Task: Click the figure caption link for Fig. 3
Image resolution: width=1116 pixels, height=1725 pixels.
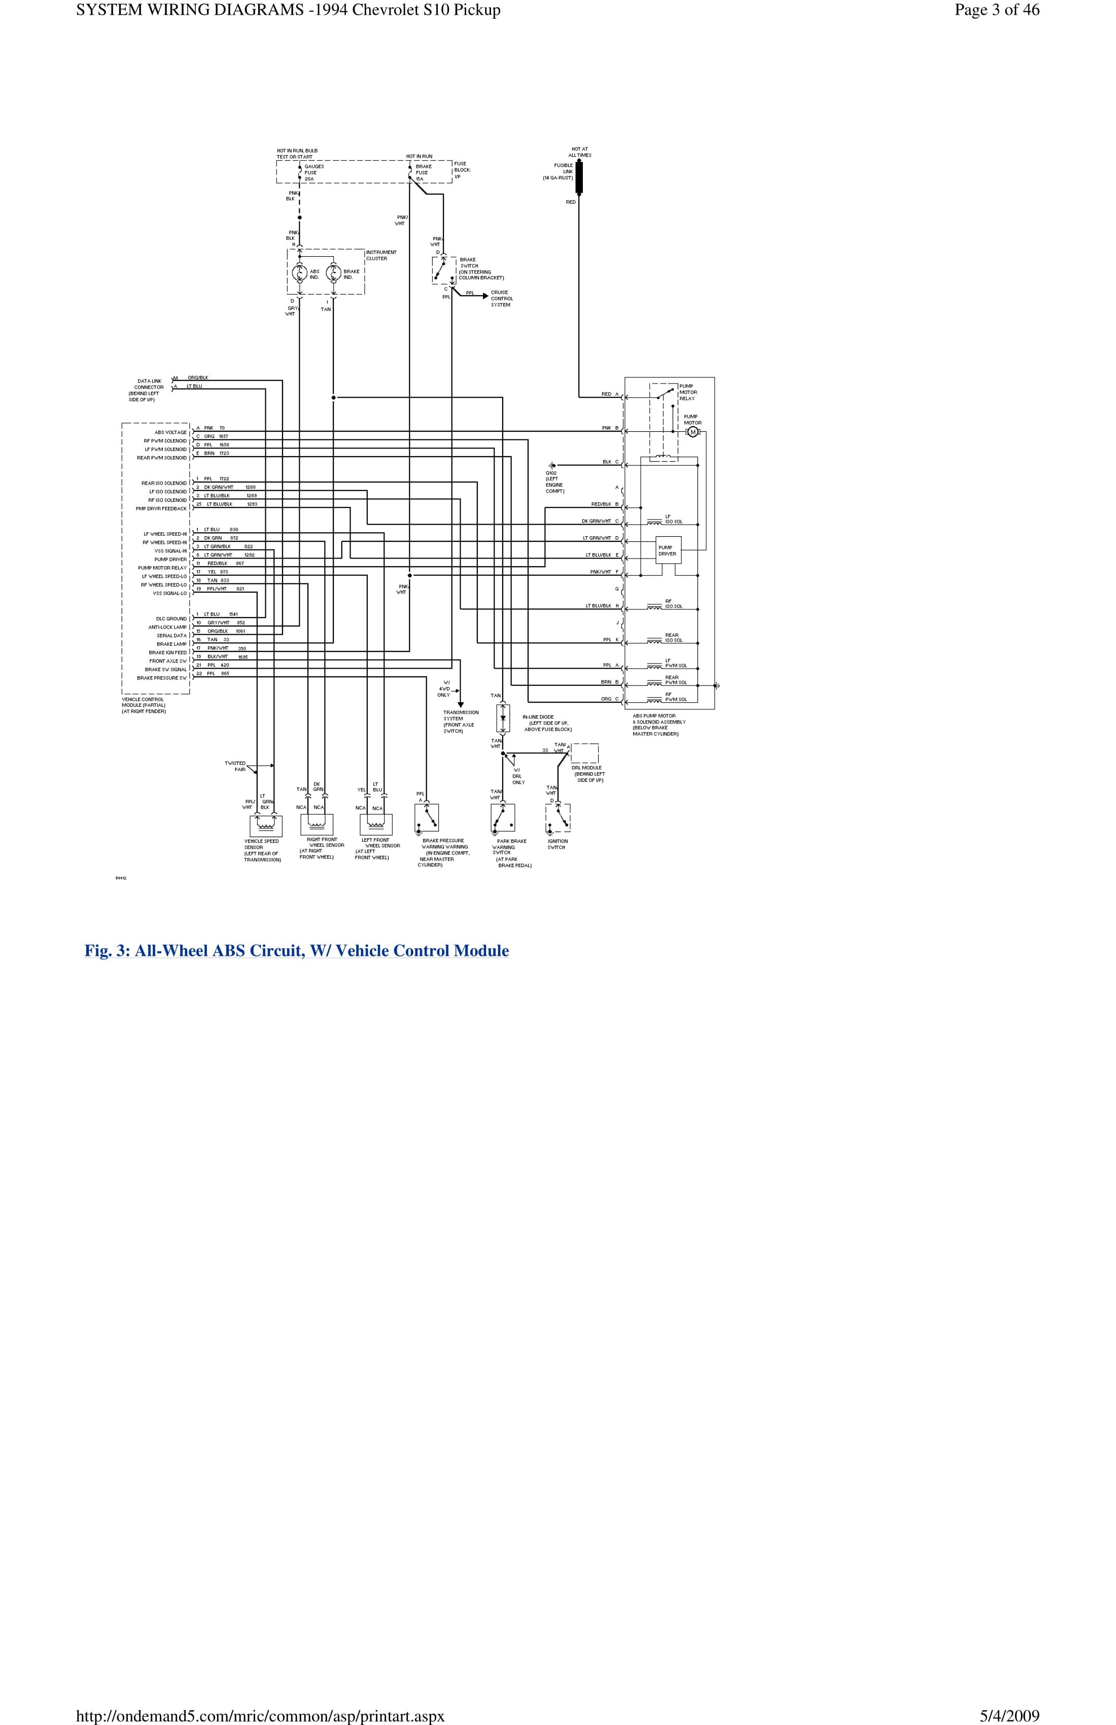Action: [x=296, y=950]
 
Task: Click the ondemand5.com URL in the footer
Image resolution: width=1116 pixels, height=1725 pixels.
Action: [x=259, y=1715]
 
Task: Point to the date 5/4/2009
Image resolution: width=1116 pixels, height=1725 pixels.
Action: [x=1009, y=1715]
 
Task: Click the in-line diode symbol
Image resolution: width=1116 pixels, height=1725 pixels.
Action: [x=503, y=717]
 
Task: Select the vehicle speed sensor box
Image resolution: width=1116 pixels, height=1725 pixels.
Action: [x=265, y=825]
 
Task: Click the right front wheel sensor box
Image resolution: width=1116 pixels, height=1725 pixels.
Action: [x=317, y=824]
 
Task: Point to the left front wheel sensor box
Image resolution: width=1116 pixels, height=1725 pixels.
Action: [x=375, y=824]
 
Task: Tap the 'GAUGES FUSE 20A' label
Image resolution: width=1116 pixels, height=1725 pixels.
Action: [x=314, y=172]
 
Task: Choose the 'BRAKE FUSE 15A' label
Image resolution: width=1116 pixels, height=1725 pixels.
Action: [x=423, y=172]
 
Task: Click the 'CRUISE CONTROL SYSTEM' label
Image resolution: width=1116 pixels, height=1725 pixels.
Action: [x=502, y=299]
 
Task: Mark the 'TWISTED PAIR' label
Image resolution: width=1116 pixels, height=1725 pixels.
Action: [x=235, y=766]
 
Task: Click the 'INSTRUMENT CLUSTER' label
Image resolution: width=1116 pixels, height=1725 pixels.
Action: [x=381, y=255]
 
